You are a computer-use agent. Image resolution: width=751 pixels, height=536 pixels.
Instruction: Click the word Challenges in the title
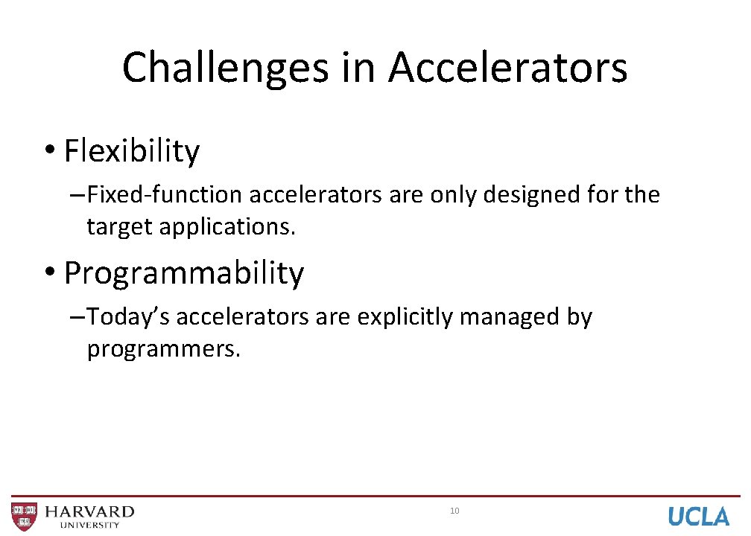click(225, 68)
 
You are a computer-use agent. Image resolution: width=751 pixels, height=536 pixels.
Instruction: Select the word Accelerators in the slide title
click(507, 68)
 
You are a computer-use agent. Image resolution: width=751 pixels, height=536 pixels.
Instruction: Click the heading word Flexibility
click(132, 151)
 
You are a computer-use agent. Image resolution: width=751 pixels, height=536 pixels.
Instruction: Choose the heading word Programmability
click(184, 273)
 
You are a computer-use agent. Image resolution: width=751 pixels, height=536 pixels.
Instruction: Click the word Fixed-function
click(165, 195)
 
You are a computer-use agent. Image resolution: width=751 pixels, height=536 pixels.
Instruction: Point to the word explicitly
click(405, 317)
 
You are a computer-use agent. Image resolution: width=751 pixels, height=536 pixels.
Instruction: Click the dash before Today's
click(76, 318)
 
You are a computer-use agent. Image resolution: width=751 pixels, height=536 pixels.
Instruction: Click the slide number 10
click(454, 511)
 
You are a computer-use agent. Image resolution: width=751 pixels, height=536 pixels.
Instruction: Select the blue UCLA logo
click(698, 516)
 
